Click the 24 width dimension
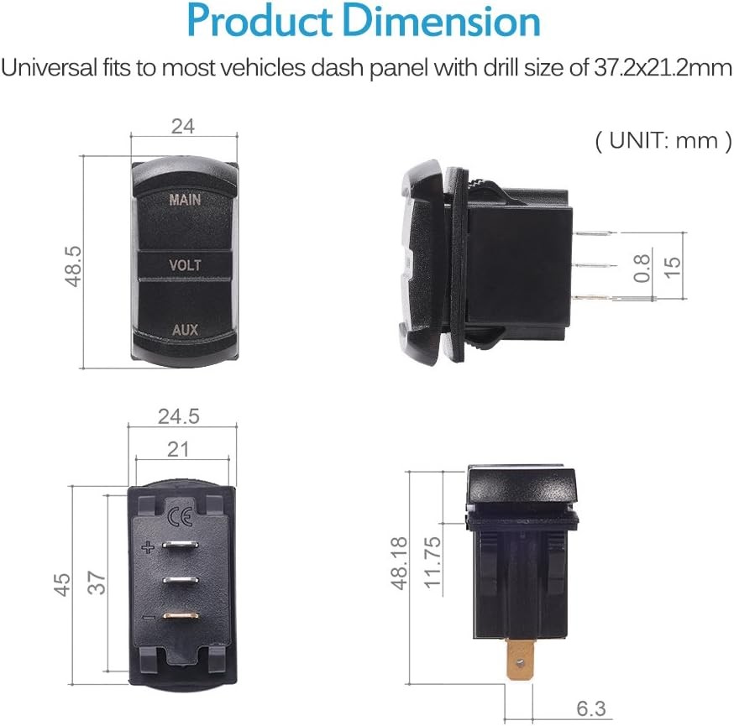pos(182,127)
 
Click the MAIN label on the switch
pos(185,200)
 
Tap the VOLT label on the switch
pos(185,265)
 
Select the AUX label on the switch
pos(185,330)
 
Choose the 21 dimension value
pos(178,450)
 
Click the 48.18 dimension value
pos(401,563)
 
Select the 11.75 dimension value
pos(432,563)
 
